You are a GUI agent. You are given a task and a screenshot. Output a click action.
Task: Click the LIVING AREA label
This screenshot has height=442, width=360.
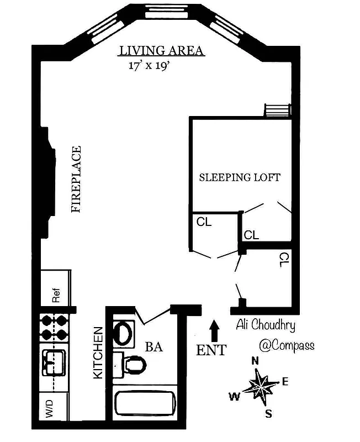click(x=162, y=51)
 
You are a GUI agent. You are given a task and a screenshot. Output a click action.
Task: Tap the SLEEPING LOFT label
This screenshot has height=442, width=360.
click(x=240, y=177)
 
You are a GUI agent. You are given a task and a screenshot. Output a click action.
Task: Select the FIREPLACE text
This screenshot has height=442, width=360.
click(x=76, y=180)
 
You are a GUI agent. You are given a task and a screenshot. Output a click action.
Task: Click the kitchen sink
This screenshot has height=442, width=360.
click(x=54, y=362)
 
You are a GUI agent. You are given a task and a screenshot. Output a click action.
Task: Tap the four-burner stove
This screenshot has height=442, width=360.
click(x=54, y=328)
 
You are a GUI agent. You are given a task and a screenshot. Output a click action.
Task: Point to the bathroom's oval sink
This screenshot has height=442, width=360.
click(x=123, y=333)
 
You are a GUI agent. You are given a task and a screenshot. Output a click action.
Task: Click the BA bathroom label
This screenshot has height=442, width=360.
click(x=153, y=348)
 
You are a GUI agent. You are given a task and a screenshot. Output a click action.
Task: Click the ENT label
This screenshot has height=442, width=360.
click(x=211, y=350)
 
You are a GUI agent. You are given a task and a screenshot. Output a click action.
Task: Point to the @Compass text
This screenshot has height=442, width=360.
click(x=286, y=345)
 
